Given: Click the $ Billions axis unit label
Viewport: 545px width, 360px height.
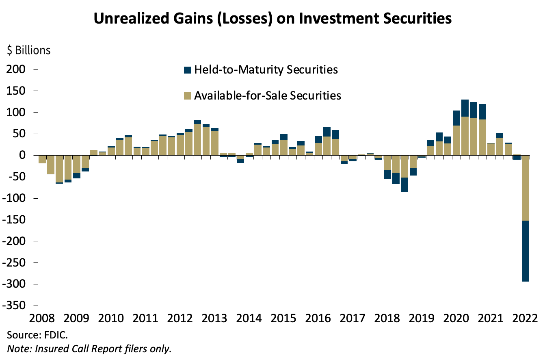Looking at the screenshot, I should (x=28, y=50).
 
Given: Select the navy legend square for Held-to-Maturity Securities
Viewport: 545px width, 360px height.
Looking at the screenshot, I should (x=187, y=70).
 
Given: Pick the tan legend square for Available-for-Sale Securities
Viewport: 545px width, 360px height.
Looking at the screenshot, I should (x=187, y=96).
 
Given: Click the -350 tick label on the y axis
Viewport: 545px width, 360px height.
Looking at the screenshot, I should (x=15, y=306).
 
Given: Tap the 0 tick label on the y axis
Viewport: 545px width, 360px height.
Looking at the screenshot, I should (x=23, y=155).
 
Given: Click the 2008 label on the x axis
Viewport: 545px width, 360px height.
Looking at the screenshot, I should (x=42, y=317).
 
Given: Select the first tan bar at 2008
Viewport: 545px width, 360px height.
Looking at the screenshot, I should (x=42, y=159).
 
